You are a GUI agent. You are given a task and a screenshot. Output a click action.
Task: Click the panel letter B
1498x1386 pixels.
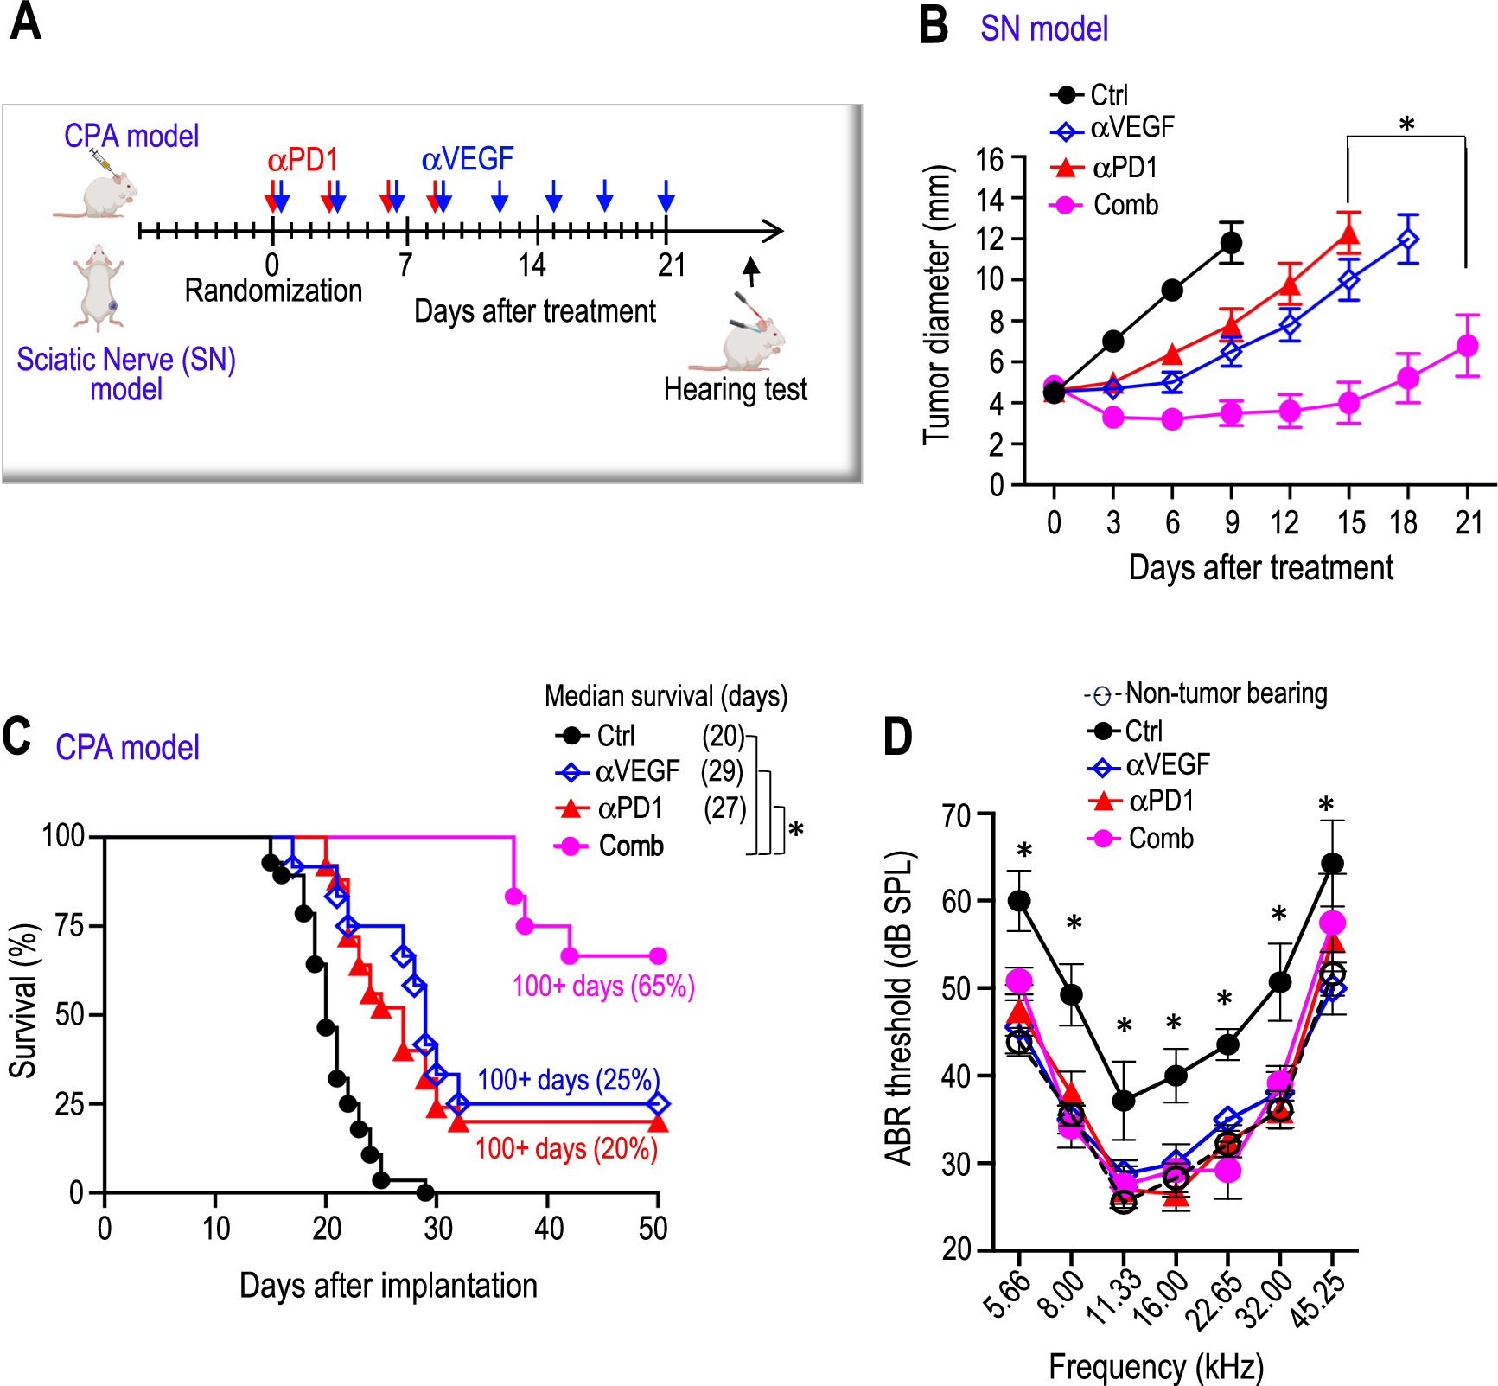pyautogui.click(x=934, y=25)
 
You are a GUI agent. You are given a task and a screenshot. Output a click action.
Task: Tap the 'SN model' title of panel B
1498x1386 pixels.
pyautogui.click(x=1043, y=29)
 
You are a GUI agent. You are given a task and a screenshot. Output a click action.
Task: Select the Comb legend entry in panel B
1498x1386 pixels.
pyautogui.click(x=1125, y=205)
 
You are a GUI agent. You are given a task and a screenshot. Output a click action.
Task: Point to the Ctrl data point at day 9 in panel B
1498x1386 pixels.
pyautogui.click(x=1231, y=243)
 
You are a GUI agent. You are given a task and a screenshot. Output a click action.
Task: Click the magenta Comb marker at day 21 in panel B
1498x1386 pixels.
pyautogui.click(x=1467, y=346)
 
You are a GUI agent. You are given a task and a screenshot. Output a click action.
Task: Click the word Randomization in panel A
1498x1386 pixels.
pyautogui.click(x=273, y=291)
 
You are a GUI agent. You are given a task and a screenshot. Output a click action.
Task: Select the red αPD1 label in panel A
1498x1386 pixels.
pyautogui.click(x=303, y=160)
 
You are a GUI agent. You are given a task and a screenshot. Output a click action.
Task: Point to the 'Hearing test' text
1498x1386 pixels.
pyautogui.click(x=735, y=390)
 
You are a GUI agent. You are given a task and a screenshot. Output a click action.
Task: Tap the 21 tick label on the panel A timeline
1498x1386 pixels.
pyautogui.click(x=671, y=265)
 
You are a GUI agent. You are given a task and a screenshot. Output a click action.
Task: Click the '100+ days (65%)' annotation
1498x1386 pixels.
pyautogui.click(x=602, y=986)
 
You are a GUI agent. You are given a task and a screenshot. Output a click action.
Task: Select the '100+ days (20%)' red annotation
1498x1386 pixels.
pyautogui.click(x=566, y=1148)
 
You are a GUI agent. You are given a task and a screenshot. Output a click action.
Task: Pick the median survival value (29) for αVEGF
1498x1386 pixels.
pyautogui.click(x=722, y=770)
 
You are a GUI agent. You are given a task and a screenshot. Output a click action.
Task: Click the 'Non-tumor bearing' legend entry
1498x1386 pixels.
pyautogui.click(x=1226, y=693)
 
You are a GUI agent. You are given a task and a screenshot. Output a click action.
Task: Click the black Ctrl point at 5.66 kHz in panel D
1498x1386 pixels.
pyautogui.click(x=1019, y=901)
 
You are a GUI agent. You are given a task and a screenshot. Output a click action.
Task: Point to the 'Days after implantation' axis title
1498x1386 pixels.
pyautogui.click(x=388, y=1286)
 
